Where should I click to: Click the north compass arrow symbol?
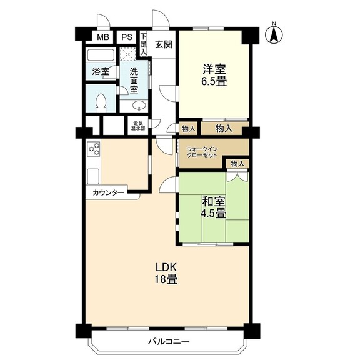(x=274, y=34)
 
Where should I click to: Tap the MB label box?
(x=103, y=37)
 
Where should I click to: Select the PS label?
(x=127, y=37)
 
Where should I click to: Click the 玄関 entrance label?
(x=164, y=44)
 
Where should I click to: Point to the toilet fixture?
(x=101, y=103)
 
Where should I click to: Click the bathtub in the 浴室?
(x=101, y=55)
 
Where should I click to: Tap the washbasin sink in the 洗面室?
(x=139, y=106)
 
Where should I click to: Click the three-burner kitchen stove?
(x=94, y=149)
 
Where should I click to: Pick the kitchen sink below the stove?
(x=93, y=176)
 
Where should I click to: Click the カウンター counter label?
(x=108, y=192)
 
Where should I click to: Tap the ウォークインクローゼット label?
(x=202, y=151)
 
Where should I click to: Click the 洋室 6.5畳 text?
(x=214, y=75)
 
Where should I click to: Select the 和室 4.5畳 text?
(x=214, y=207)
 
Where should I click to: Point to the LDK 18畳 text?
(x=166, y=274)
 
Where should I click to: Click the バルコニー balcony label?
(x=169, y=341)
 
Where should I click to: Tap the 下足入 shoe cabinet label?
(x=144, y=44)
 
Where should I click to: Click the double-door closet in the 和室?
(x=237, y=176)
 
